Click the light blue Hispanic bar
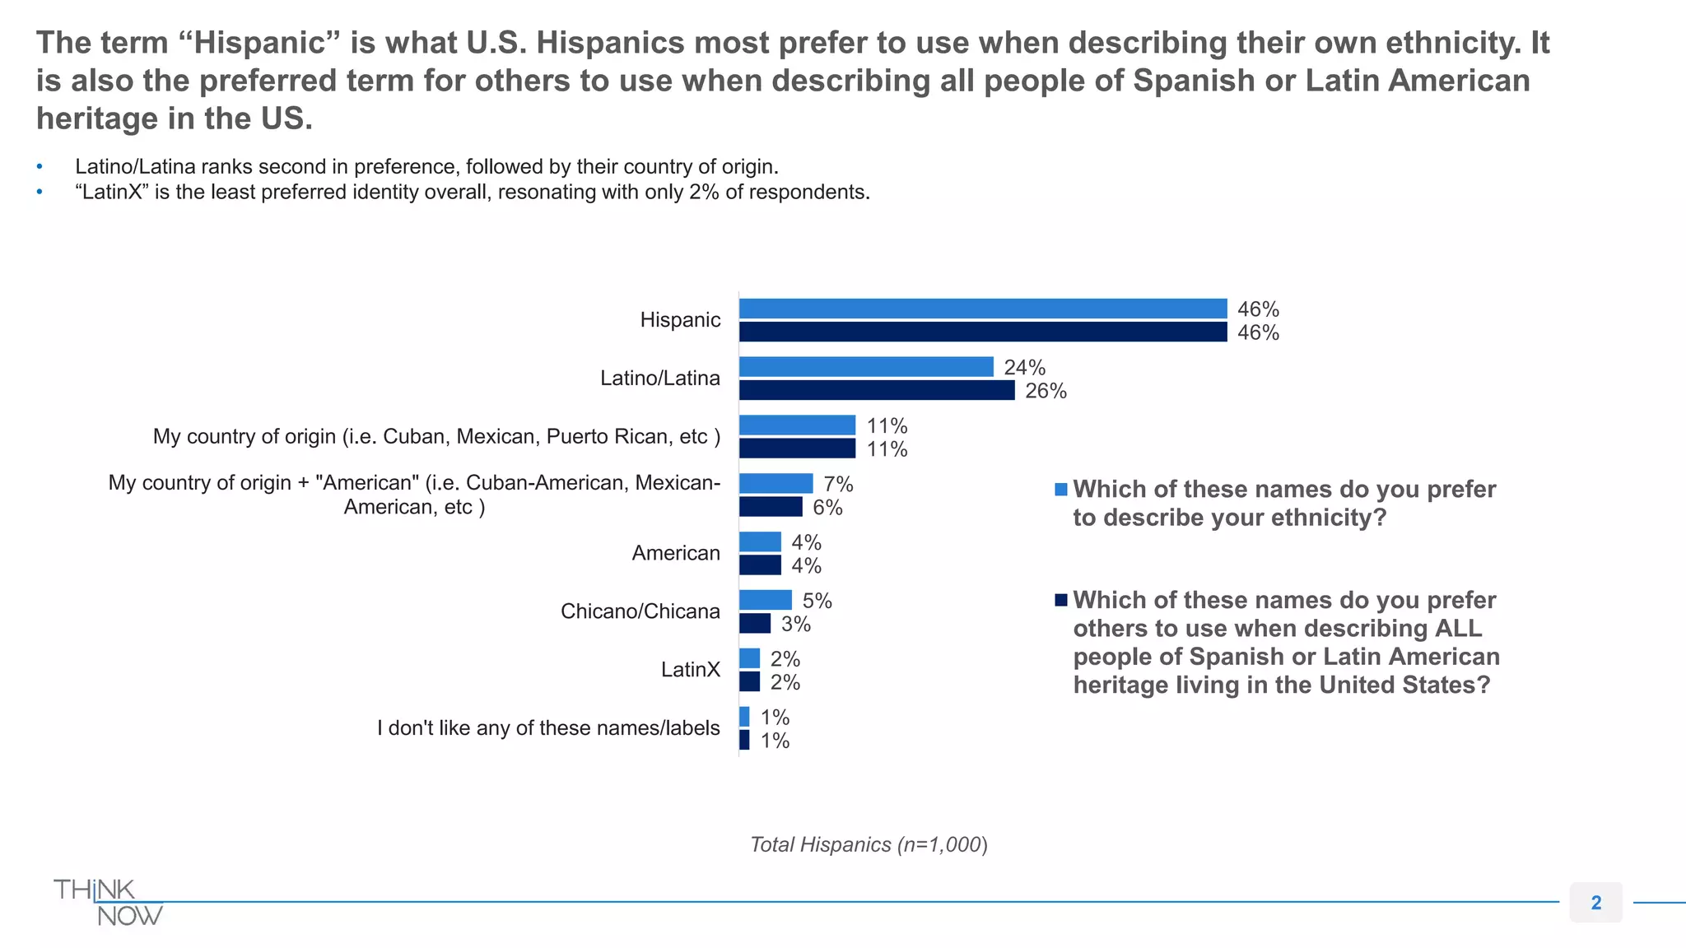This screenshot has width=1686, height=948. point(983,309)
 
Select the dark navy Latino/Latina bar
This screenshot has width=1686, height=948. point(877,390)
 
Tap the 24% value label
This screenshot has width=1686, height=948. point(1024,367)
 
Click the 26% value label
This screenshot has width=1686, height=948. point(1046,391)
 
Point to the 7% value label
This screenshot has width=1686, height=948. point(838,484)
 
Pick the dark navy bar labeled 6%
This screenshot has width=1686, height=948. point(771,507)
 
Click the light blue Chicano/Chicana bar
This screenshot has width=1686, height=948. point(766,600)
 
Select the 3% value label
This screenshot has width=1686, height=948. point(796,624)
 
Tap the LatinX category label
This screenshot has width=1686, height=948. point(690,670)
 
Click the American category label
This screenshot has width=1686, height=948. point(676,553)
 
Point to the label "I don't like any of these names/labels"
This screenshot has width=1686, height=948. point(548,728)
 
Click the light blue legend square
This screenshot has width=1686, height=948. point(1061,490)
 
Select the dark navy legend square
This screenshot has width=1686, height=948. point(1061,600)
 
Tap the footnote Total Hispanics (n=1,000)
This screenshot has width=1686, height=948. point(869,844)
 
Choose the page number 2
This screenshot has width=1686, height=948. point(1595,903)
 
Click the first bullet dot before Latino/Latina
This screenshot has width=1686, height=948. point(40,167)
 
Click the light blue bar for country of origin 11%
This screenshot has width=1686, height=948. point(797,425)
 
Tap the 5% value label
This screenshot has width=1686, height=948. point(817,601)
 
